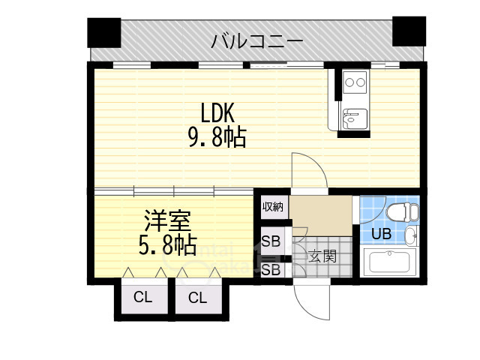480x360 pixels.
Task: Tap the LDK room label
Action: [217, 114]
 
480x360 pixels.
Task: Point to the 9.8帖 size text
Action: [217, 138]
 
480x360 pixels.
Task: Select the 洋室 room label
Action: [168, 222]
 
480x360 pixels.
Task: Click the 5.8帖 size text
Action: [169, 245]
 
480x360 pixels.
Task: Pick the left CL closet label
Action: [142, 298]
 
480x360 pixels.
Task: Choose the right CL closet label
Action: [197, 298]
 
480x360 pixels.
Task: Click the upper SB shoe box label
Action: [271, 242]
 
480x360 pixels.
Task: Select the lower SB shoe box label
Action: [271, 268]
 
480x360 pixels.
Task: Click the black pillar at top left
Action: [103, 32]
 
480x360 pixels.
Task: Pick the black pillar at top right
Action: [409, 31]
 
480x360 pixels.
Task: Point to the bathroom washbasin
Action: [411, 238]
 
